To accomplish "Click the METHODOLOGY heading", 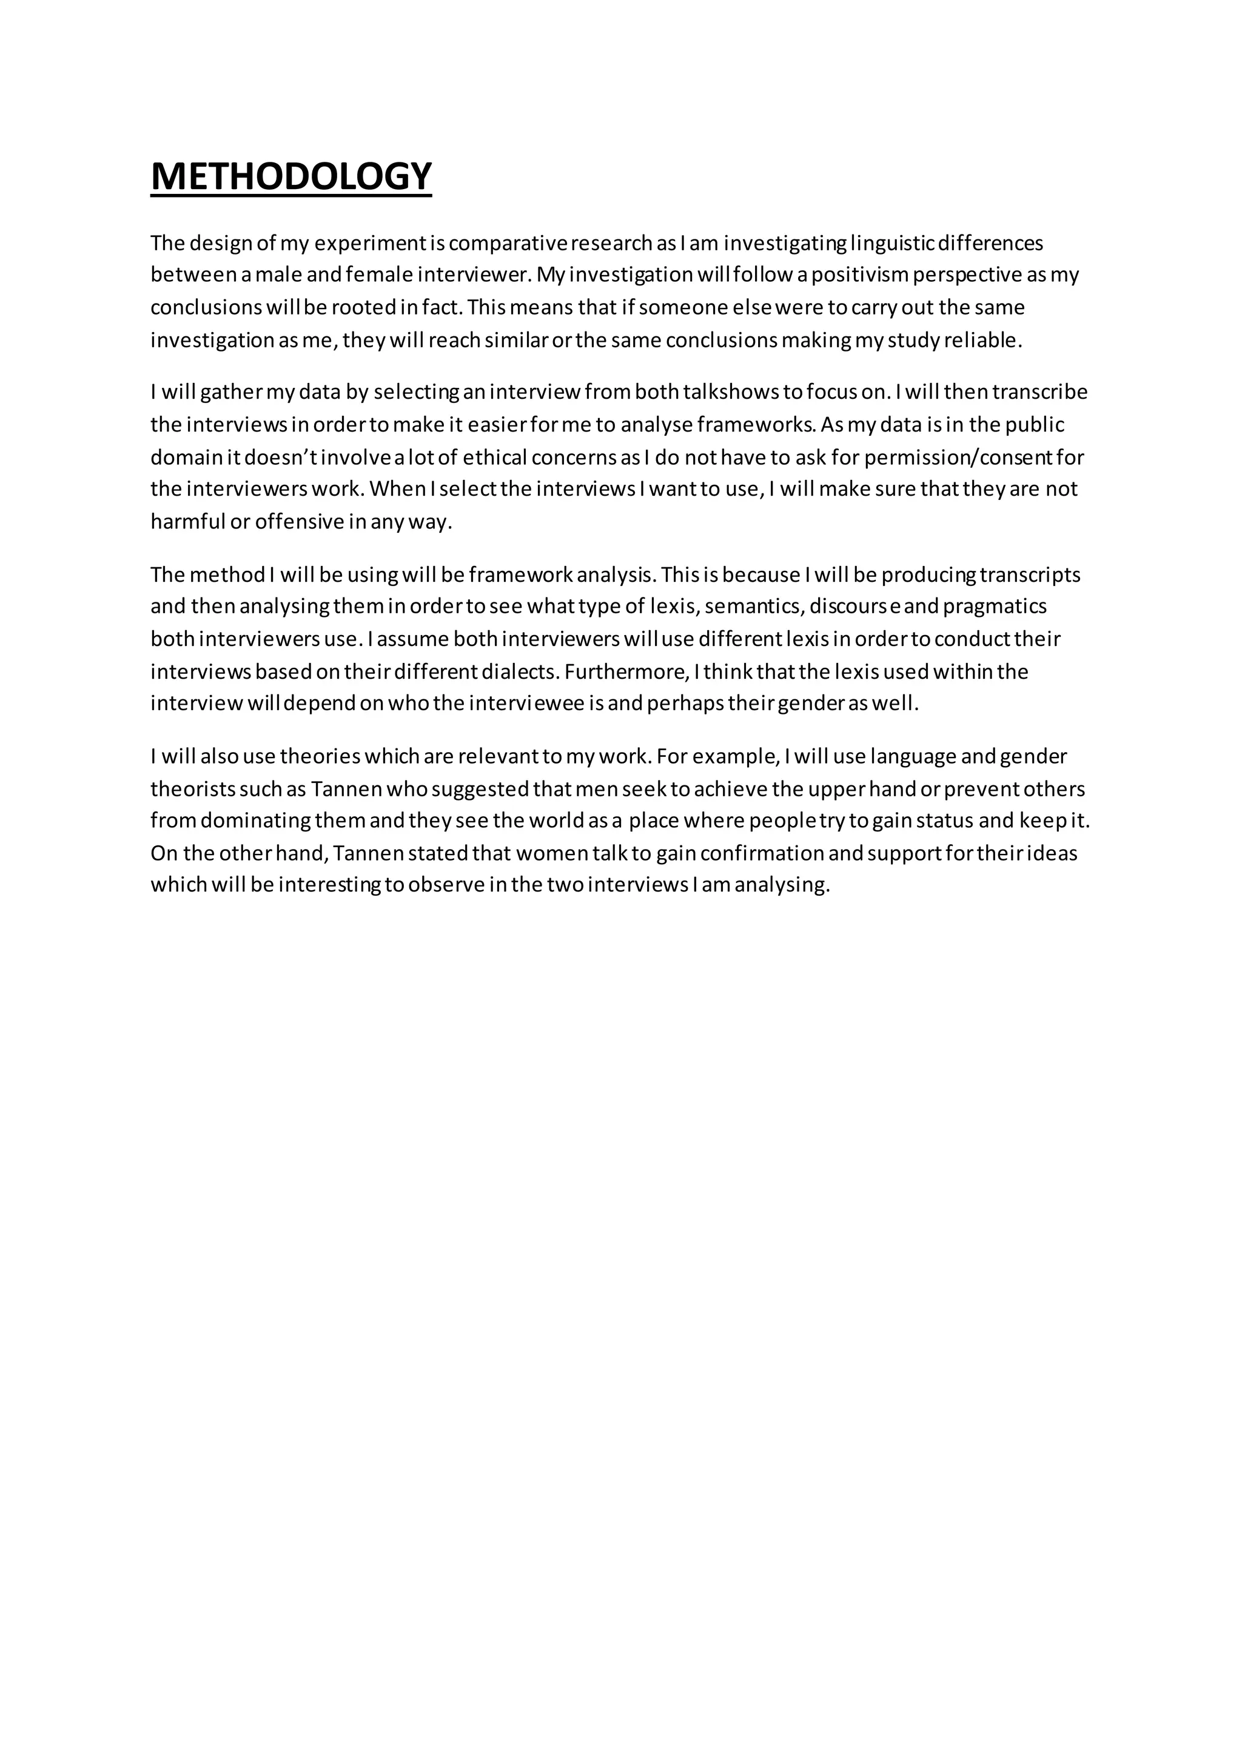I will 290,176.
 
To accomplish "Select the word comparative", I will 507,243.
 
